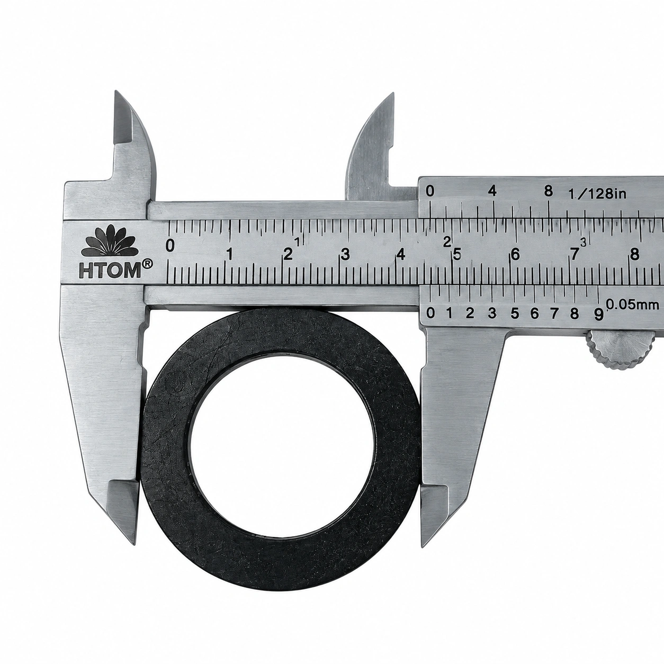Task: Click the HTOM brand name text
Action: point(110,271)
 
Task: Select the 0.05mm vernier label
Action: point(632,304)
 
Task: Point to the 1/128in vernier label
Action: point(597,194)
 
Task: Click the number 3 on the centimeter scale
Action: point(345,255)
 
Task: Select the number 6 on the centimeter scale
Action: point(515,255)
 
